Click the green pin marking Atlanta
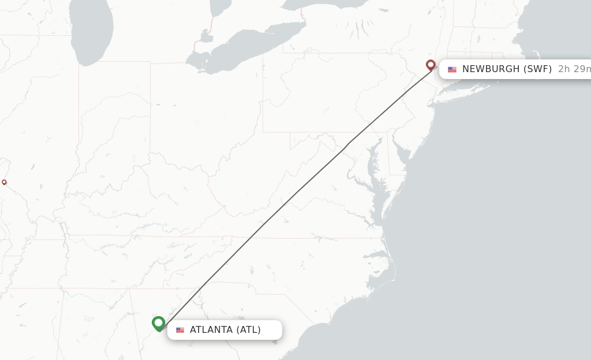pos(159,323)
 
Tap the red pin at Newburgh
pos(431,65)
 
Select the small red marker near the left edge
pos(4,182)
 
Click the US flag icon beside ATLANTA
pos(180,330)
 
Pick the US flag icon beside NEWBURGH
pos(452,69)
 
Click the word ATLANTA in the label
pos(211,330)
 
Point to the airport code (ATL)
pos(249,330)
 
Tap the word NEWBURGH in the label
pos(491,69)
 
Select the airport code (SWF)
pos(537,69)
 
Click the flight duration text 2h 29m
pos(574,69)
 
